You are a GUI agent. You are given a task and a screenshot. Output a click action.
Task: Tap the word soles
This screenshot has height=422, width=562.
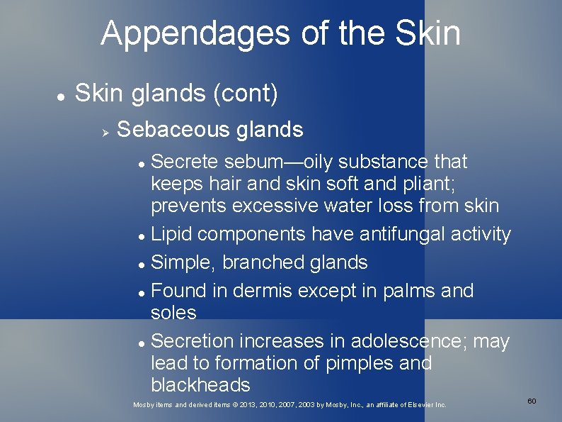pos(173,313)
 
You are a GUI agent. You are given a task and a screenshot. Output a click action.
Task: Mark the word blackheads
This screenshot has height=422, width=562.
pos(200,385)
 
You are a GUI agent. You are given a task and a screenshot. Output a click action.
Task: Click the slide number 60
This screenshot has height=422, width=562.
pos(532,401)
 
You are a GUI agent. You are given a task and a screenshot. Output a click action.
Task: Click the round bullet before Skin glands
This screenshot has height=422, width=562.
pos(62,94)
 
